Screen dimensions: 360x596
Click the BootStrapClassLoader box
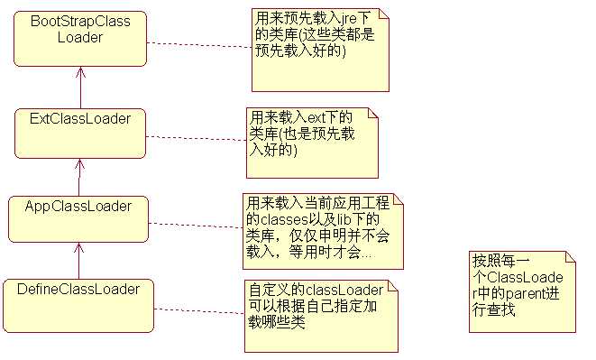79,38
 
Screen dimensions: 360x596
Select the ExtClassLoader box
79,132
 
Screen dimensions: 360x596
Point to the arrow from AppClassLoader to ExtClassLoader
78,175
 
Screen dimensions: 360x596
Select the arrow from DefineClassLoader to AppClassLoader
78,260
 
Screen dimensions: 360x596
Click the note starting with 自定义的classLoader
320,316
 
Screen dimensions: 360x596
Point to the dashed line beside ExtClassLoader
197,138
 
